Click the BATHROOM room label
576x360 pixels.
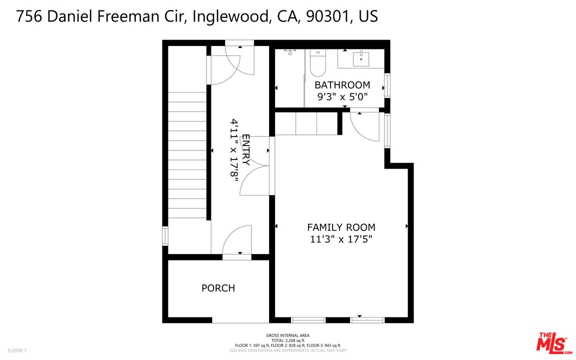point(342,85)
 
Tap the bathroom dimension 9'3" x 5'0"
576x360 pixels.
point(342,97)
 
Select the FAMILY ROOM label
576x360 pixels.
point(341,227)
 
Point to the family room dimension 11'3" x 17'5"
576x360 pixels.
point(341,239)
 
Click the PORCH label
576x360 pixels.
point(218,288)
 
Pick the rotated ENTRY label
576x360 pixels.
point(245,150)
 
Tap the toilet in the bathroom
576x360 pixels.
point(317,62)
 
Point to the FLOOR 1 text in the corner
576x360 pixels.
point(17,350)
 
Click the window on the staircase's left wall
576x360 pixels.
point(165,236)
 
